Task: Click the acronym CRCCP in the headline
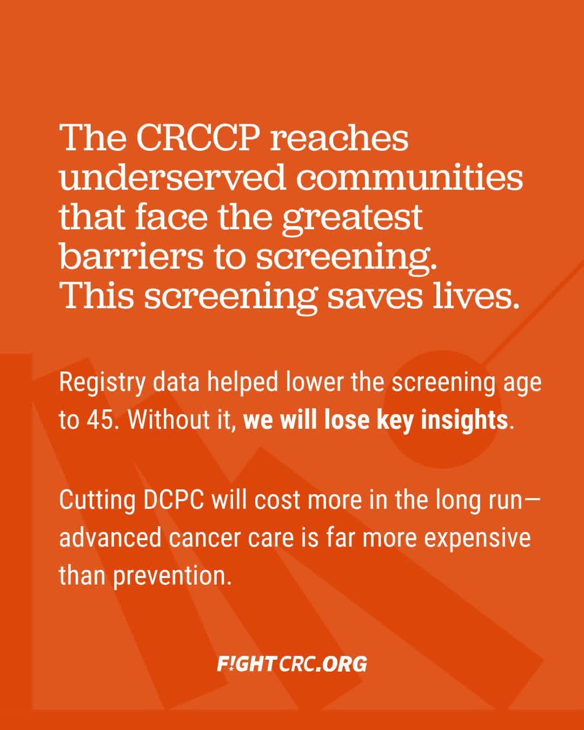[198, 138]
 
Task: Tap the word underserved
[172, 178]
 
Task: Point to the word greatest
[352, 220]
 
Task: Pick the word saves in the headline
[375, 297]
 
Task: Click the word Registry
[102, 384]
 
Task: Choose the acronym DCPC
[174, 500]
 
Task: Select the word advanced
[110, 537]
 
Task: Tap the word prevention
[172, 576]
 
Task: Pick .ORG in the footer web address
[341, 664]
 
